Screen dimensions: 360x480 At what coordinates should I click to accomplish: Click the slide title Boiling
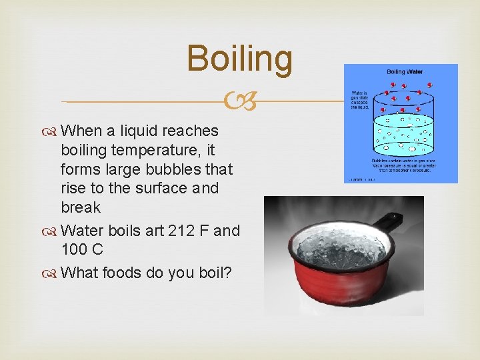tap(239, 58)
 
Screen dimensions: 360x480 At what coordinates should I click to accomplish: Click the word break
tap(81, 207)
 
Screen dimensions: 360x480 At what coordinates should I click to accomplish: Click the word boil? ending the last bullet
tap(209, 273)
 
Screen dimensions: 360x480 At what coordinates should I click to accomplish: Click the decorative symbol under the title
tap(239, 102)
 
